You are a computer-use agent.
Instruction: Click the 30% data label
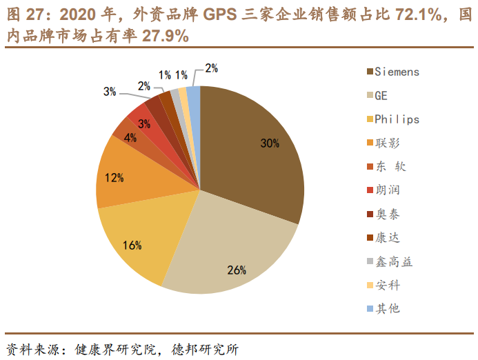(270, 143)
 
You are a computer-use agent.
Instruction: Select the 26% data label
(237, 270)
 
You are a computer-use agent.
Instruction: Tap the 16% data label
(132, 245)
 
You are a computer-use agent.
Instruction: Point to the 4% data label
(130, 137)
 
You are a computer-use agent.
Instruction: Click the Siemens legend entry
(397, 72)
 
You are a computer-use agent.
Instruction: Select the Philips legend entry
(397, 119)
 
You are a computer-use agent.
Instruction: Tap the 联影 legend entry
(387, 143)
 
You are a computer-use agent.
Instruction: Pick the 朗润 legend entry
(387, 190)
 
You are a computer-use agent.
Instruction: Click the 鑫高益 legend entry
(393, 261)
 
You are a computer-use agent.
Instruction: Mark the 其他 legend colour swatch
(370, 308)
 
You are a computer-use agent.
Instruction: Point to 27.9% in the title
(166, 37)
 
